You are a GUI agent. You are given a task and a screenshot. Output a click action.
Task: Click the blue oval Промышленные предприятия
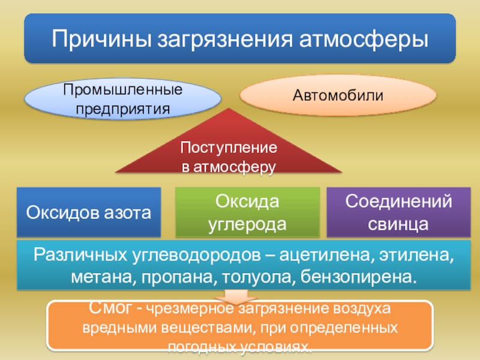pos(123,100)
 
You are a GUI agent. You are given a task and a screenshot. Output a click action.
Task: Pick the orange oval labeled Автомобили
pos(338,95)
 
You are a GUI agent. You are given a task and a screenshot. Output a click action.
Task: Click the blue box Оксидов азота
pos(89,212)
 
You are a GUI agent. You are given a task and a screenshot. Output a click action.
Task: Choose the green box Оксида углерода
pos(247,212)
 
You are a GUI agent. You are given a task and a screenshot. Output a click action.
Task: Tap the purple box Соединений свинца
pos(398,212)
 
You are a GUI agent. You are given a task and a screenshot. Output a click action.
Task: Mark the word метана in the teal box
pos(94,278)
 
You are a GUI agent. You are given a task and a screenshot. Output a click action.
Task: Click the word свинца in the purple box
pos(398,224)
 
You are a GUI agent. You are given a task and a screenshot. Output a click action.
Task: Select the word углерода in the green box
pos(247,224)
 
